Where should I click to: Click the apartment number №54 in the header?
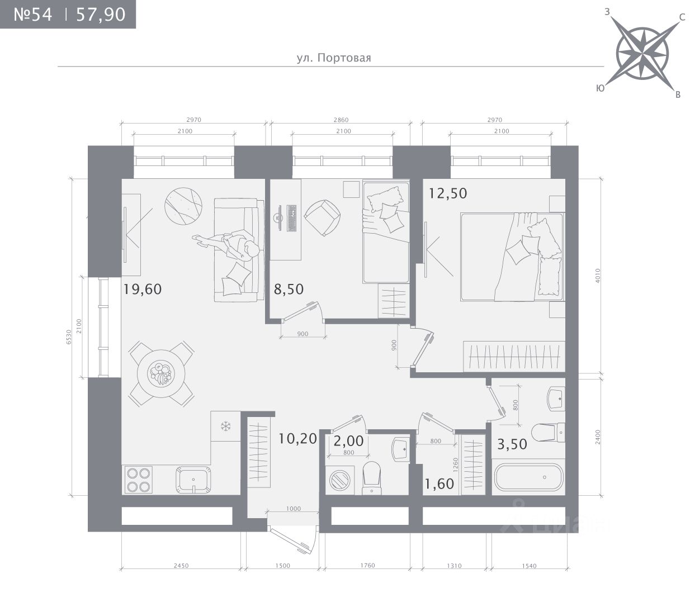pos(33,15)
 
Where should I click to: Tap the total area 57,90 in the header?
pos(101,15)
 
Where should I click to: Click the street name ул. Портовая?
pos(334,58)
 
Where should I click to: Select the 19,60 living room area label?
pos(143,289)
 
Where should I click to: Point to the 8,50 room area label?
pos(289,289)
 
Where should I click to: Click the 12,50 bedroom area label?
pos(447,193)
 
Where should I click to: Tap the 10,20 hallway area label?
pos(297,439)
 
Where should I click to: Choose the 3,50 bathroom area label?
pos(512,444)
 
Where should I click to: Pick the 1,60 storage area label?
pos(439,484)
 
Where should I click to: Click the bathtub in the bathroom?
pos(528,477)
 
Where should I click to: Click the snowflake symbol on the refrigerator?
pos(225,426)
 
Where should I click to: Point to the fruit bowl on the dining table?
pos(161,373)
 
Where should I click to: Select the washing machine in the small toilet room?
pos(339,480)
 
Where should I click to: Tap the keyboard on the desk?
pos(291,218)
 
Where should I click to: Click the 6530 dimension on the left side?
pos(69,336)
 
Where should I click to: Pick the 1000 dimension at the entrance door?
pos(293,509)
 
